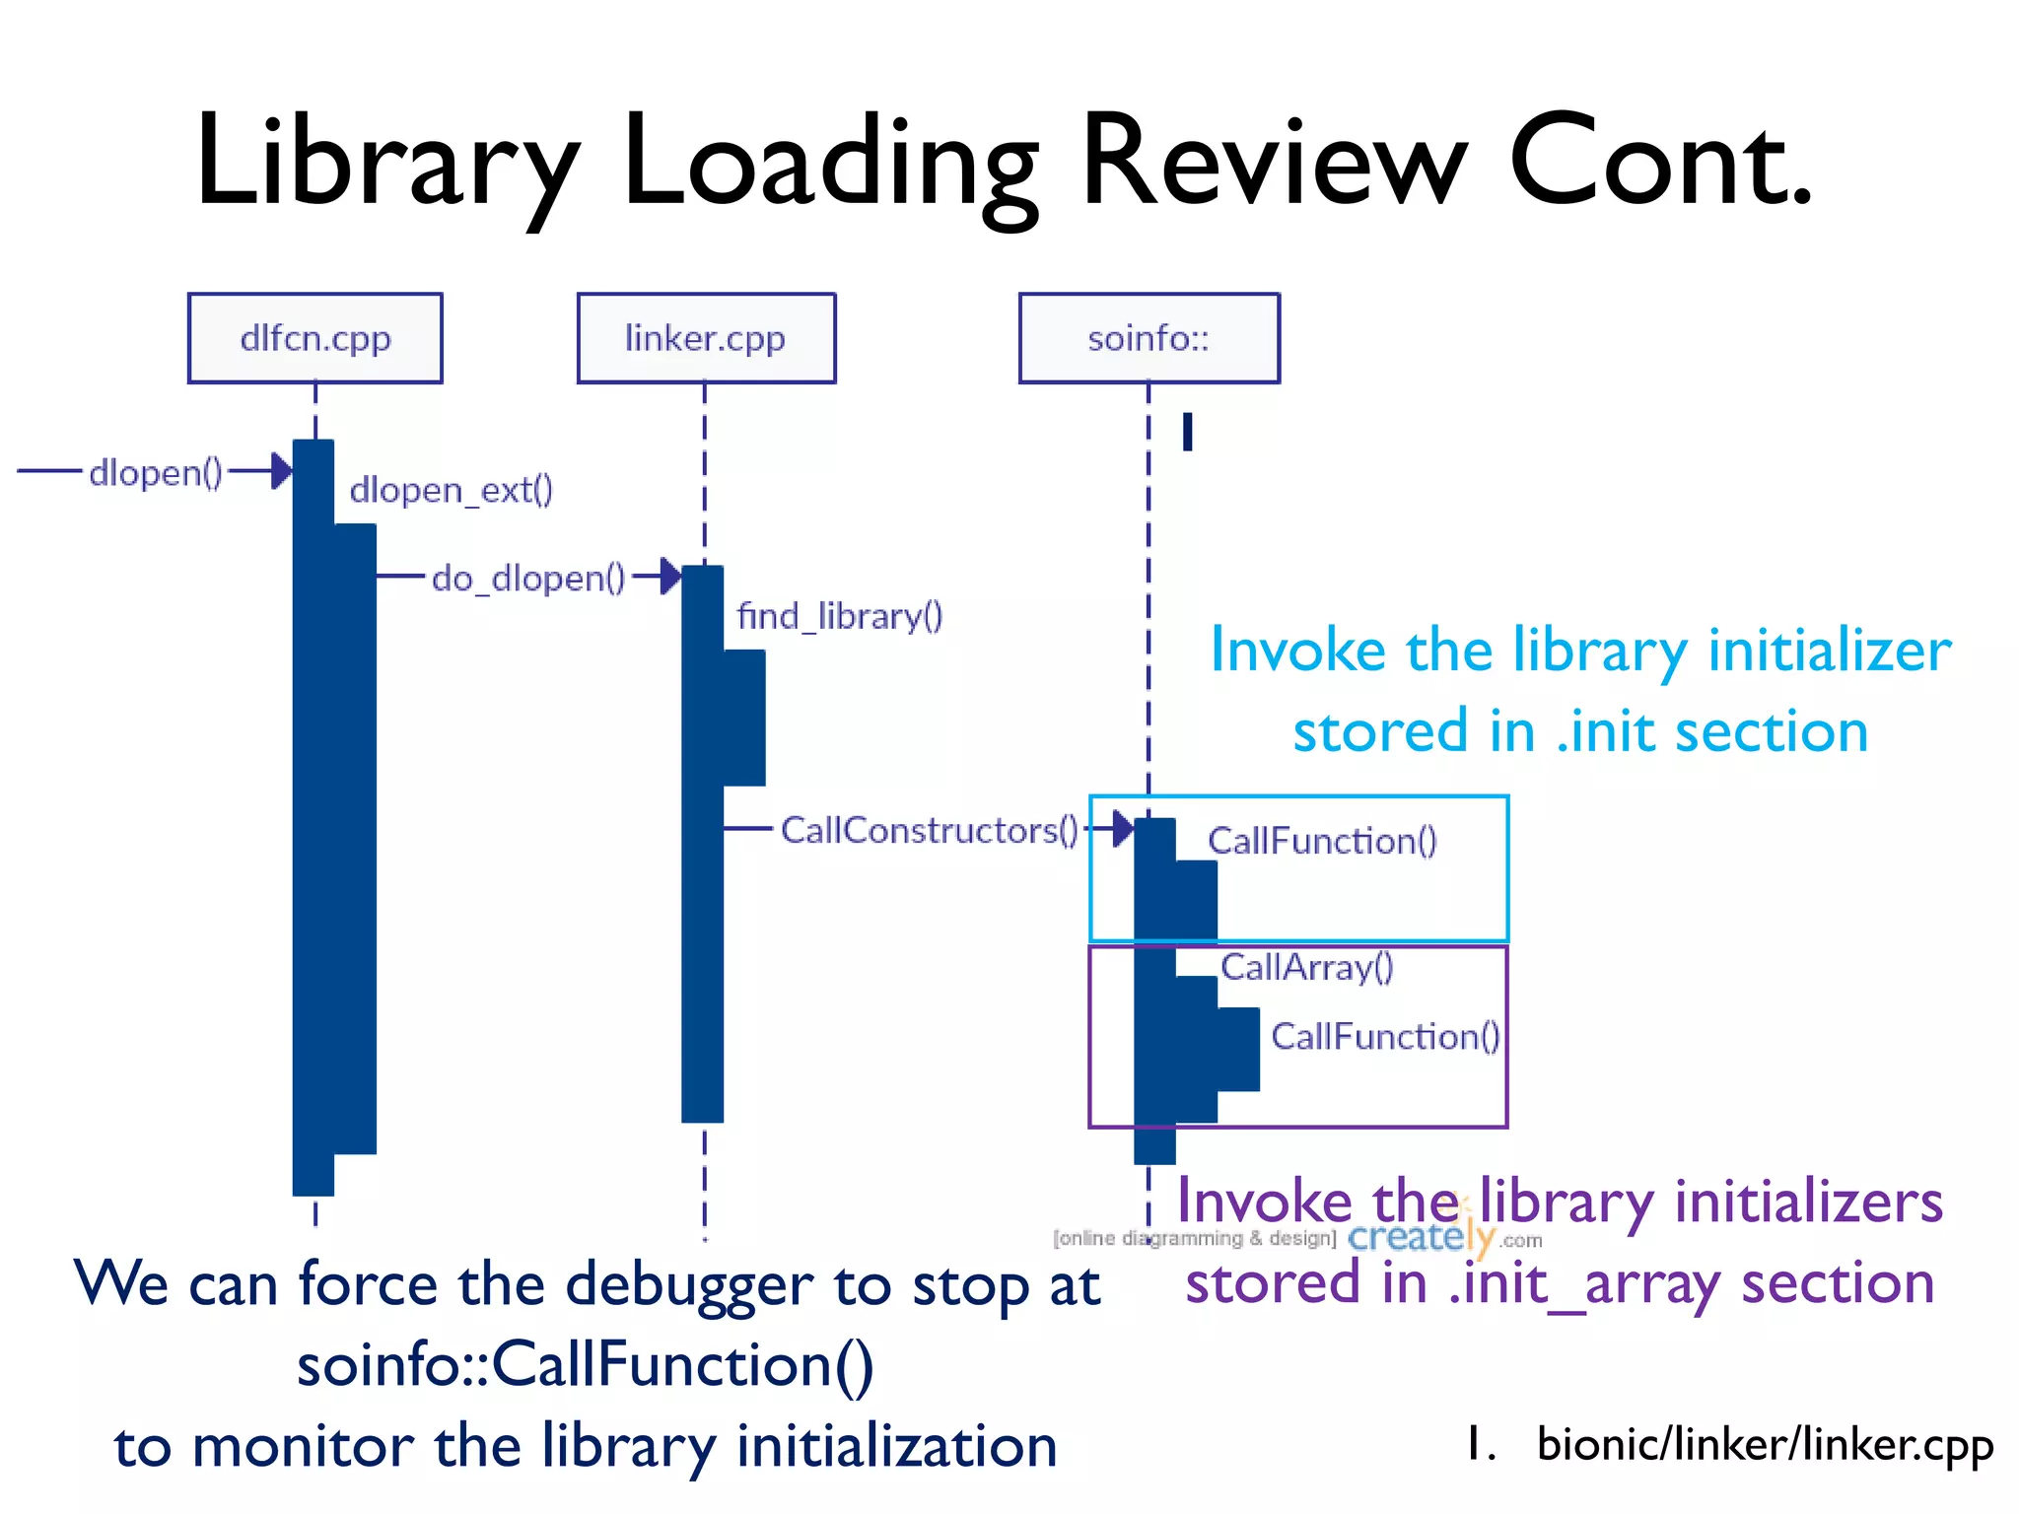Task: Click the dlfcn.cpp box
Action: coord(315,338)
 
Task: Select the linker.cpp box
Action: coord(706,338)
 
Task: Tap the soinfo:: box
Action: coord(1149,338)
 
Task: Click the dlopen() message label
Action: coord(156,473)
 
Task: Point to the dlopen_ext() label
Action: coord(452,490)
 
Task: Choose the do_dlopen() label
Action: coord(528,578)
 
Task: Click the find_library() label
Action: coord(840,616)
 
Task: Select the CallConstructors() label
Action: coord(930,830)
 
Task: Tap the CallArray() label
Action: coord(1307,967)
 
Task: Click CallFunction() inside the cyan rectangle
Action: coord(1323,841)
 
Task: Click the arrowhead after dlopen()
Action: coord(281,471)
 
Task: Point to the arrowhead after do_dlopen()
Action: coord(670,576)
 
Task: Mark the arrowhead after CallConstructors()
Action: coord(1122,829)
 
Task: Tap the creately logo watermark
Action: coord(1421,1237)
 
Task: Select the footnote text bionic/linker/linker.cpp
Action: coord(1765,1445)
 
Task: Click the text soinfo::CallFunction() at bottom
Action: coord(586,1365)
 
